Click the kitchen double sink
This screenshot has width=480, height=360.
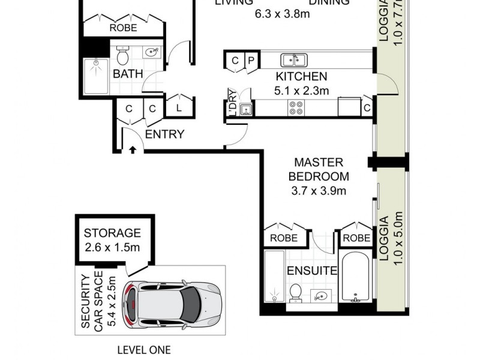294,60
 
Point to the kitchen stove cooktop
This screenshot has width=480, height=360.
296,108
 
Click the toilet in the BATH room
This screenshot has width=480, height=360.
123,56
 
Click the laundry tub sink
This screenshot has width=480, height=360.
245,109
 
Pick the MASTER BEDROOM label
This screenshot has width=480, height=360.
319,170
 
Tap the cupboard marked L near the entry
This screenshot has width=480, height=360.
179,109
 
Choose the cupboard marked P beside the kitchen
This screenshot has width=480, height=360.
251,61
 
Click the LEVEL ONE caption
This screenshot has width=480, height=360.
143,350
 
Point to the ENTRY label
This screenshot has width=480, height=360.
164,134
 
